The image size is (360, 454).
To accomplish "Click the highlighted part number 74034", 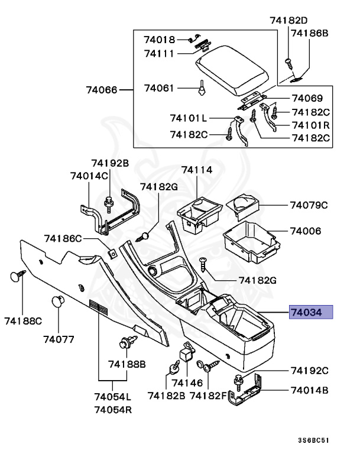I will (x=311, y=312).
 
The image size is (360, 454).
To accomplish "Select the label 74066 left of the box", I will (x=102, y=90).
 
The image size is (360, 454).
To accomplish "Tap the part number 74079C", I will (x=307, y=206).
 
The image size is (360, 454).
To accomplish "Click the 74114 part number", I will (x=196, y=170).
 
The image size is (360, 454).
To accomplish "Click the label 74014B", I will (x=309, y=390).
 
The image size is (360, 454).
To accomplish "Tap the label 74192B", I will (x=109, y=163).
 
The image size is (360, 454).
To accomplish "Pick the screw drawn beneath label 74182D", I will (x=288, y=61).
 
